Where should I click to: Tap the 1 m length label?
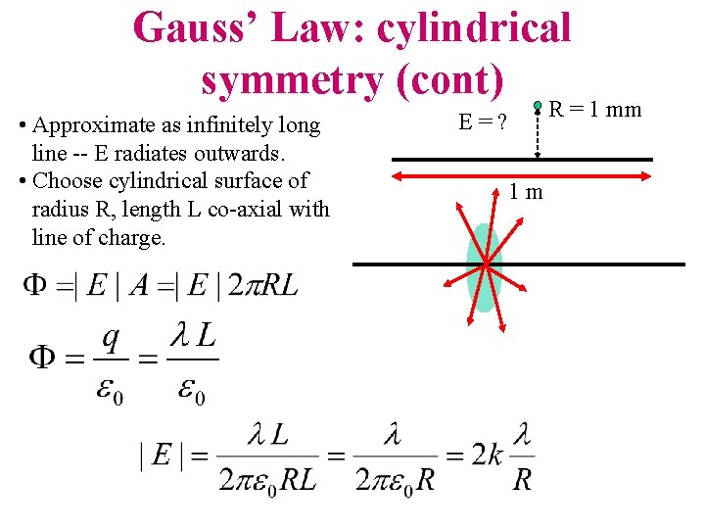527,192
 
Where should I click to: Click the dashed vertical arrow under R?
538,131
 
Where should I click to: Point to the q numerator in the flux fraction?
112,339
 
